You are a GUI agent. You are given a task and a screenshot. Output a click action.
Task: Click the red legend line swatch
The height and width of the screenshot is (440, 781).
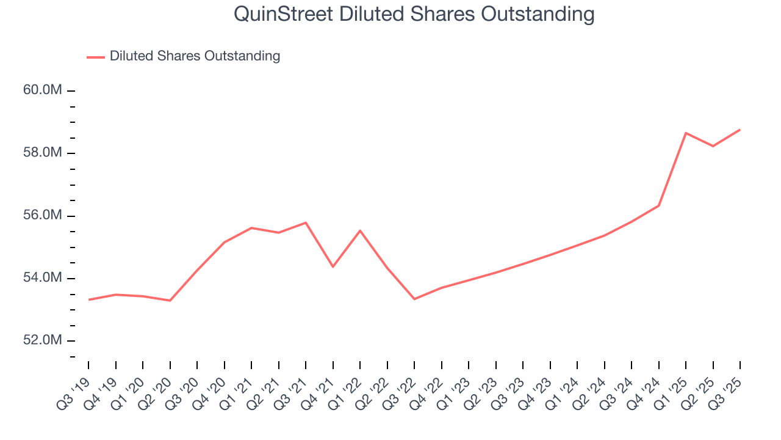coord(95,57)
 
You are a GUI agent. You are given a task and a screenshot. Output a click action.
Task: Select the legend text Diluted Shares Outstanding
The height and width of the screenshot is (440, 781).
coord(195,56)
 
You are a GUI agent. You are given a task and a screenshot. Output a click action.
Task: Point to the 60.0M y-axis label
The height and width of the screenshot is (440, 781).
coord(43,90)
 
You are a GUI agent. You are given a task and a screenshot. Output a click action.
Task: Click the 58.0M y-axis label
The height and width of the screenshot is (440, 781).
coord(43,153)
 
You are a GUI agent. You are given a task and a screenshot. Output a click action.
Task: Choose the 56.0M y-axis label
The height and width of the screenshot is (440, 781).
coord(43,216)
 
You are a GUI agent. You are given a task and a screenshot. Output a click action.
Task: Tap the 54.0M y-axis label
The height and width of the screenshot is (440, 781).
coord(43,278)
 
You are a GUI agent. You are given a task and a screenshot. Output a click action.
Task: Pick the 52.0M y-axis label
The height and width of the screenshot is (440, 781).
coord(43,340)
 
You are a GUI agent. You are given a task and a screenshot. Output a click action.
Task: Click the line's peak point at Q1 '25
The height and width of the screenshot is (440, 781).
coord(686,133)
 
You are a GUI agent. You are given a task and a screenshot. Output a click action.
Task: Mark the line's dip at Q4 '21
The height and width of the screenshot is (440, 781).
coord(333,266)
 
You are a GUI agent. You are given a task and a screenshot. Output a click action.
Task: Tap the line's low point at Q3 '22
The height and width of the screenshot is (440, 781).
coord(414,299)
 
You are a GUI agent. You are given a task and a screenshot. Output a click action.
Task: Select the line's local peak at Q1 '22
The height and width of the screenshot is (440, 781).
coord(360,230)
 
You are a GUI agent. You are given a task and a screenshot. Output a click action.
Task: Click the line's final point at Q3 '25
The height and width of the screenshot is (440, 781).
coord(740,130)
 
